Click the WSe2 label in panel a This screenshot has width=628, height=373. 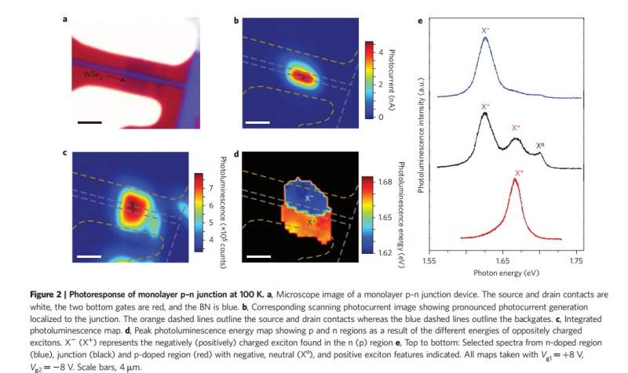[93, 75]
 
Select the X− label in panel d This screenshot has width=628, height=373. [308, 199]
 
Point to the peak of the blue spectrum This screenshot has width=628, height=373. [486, 39]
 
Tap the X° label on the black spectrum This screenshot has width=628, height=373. [540, 146]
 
